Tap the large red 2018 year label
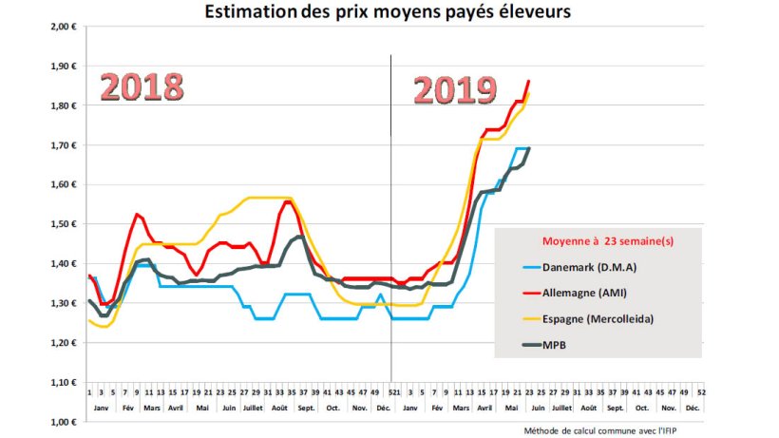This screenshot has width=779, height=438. point(142,86)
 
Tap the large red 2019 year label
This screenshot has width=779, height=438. point(455,90)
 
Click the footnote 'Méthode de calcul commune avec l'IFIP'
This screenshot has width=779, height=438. point(633,430)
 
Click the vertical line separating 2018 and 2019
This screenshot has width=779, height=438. point(391,190)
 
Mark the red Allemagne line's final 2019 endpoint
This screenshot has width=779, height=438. point(528,81)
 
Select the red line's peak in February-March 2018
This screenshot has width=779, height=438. point(137,214)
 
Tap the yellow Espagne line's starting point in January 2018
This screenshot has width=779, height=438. point(88,320)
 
